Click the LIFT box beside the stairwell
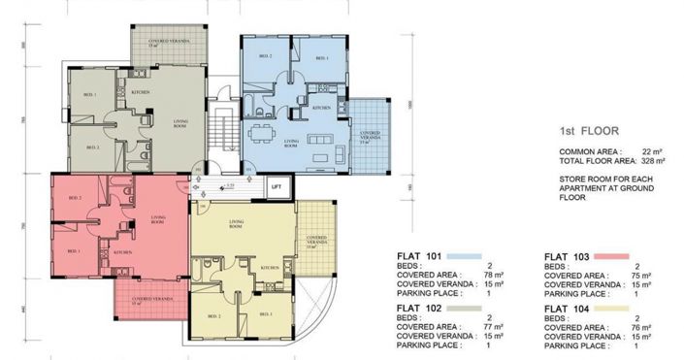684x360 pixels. point(277,184)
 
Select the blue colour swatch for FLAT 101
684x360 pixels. point(467,257)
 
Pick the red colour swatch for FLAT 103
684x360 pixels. point(610,257)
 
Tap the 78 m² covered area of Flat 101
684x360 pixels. point(495,276)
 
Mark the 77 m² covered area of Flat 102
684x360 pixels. point(495,326)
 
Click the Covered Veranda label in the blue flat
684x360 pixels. point(370,135)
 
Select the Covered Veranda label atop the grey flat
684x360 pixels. point(168,42)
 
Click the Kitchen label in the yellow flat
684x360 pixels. point(270,266)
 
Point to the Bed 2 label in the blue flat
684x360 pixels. point(264,56)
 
